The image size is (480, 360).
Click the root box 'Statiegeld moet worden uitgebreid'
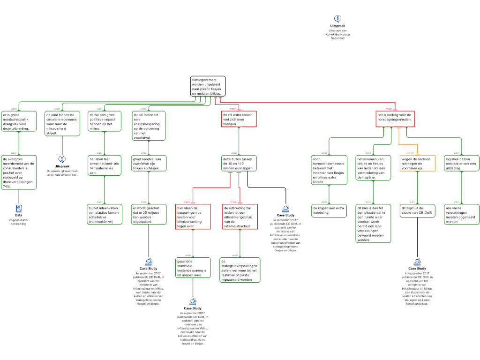[208, 86]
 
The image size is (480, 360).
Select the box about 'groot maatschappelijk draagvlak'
[19, 121]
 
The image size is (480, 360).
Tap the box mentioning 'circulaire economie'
[62, 123]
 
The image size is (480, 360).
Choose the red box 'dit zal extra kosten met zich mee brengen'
[239, 119]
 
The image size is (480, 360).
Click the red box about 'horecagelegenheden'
[395, 119]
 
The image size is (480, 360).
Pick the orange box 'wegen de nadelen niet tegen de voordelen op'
[417, 163]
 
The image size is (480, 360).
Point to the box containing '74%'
[19, 172]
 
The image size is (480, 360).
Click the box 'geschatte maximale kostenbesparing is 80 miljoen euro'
[192, 268]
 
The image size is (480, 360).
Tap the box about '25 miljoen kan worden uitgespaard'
[148, 214]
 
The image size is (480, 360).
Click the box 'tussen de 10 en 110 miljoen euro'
[239, 163]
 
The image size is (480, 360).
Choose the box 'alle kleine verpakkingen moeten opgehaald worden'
[462, 214]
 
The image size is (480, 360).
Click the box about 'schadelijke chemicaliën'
[104, 214]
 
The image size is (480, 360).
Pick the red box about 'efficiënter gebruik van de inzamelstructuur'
[240, 217]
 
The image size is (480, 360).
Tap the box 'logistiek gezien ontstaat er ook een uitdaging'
[462, 163]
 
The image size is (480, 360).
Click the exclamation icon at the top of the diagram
[337, 19]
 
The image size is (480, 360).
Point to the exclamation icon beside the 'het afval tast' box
[62, 159]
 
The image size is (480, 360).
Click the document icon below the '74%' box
[18, 209]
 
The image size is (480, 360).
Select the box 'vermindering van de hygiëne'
[373, 168]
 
